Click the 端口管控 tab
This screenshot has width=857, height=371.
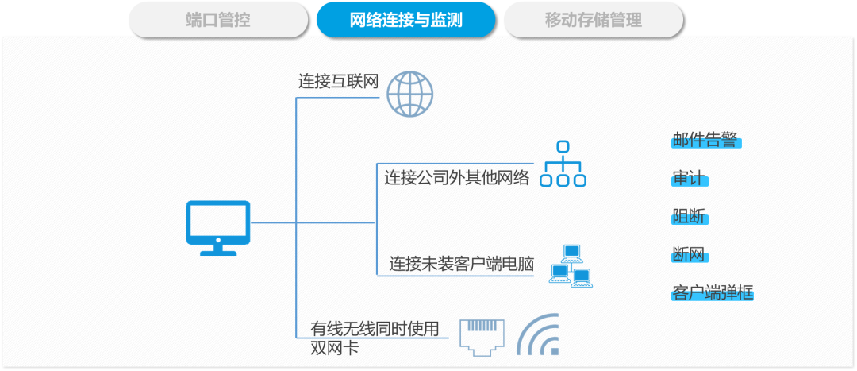point(218,20)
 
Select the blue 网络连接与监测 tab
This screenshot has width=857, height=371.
point(405,20)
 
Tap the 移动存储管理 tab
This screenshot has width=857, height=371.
point(593,20)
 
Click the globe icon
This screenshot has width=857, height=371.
point(410,94)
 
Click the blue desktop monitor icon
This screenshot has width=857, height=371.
point(218,228)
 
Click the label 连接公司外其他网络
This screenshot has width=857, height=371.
point(456,177)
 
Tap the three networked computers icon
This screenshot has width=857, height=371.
point(571,266)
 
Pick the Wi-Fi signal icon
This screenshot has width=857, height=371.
point(538,334)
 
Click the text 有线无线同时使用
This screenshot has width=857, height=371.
point(375,328)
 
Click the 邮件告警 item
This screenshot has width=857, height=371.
point(706,140)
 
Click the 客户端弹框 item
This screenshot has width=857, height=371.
point(712,292)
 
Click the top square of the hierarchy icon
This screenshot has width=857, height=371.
point(563,146)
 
